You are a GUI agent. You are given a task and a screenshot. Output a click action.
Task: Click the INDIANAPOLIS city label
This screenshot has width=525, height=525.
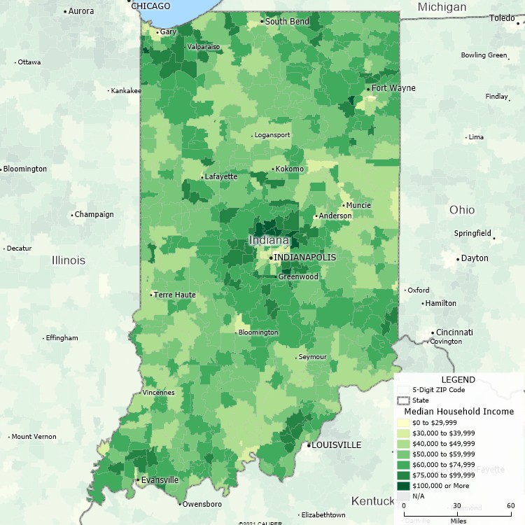click(x=304, y=258)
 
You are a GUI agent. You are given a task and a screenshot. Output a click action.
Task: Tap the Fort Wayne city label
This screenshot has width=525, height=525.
click(x=393, y=88)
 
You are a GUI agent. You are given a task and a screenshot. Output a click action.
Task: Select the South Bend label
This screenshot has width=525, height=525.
click(x=287, y=22)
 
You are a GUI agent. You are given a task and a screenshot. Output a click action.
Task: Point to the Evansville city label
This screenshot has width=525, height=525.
click(x=160, y=480)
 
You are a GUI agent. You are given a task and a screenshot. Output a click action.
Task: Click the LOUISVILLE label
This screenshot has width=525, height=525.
click(x=336, y=445)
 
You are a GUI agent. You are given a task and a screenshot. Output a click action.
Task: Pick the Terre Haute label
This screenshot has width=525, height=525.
click(x=175, y=295)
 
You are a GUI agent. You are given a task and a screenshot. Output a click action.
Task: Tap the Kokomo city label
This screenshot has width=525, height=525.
click(x=290, y=169)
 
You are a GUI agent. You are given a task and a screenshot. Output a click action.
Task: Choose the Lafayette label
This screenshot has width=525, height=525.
click(x=221, y=177)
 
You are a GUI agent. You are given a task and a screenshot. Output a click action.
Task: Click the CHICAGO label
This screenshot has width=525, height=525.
click(x=150, y=6)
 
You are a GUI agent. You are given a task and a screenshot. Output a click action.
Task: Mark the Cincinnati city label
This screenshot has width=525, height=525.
click(x=454, y=332)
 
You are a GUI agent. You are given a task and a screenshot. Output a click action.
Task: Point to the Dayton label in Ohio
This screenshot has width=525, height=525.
click(x=475, y=258)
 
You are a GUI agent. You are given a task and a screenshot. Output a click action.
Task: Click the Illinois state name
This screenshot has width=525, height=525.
click(x=69, y=260)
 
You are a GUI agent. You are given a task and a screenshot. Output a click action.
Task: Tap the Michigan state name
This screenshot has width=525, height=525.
click(x=442, y=7)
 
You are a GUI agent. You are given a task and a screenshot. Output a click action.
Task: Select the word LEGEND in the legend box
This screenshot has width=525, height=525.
click(x=458, y=379)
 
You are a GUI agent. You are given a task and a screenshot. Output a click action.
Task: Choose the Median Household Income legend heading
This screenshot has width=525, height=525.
click(x=459, y=412)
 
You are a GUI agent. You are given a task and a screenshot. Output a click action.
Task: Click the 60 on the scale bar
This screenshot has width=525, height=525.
click(x=510, y=505)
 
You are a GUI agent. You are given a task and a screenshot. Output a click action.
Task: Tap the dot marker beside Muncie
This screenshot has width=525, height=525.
click(x=343, y=205)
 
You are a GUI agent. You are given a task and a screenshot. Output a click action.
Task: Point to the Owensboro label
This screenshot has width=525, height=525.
click(x=203, y=504)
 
